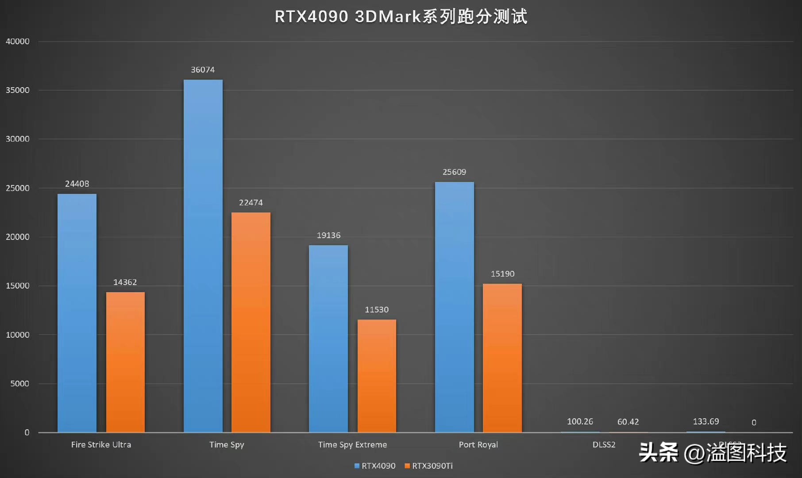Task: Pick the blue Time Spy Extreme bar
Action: click(328, 339)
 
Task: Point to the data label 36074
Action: click(203, 70)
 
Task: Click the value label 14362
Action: click(125, 282)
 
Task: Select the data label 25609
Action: click(454, 172)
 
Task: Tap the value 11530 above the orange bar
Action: click(377, 310)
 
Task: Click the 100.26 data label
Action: click(580, 422)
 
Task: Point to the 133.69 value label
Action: click(706, 422)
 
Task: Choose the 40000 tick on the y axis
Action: click(18, 42)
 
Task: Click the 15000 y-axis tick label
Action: click(18, 286)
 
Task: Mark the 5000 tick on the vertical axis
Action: click(20, 384)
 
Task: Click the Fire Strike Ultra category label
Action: click(101, 445)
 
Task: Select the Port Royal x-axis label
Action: click(478, 445)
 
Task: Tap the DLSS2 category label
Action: click(604, 445)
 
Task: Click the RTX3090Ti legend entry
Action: click(429, 466)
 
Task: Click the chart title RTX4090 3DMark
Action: click(401, 17)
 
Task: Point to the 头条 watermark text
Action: click(659, 452)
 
